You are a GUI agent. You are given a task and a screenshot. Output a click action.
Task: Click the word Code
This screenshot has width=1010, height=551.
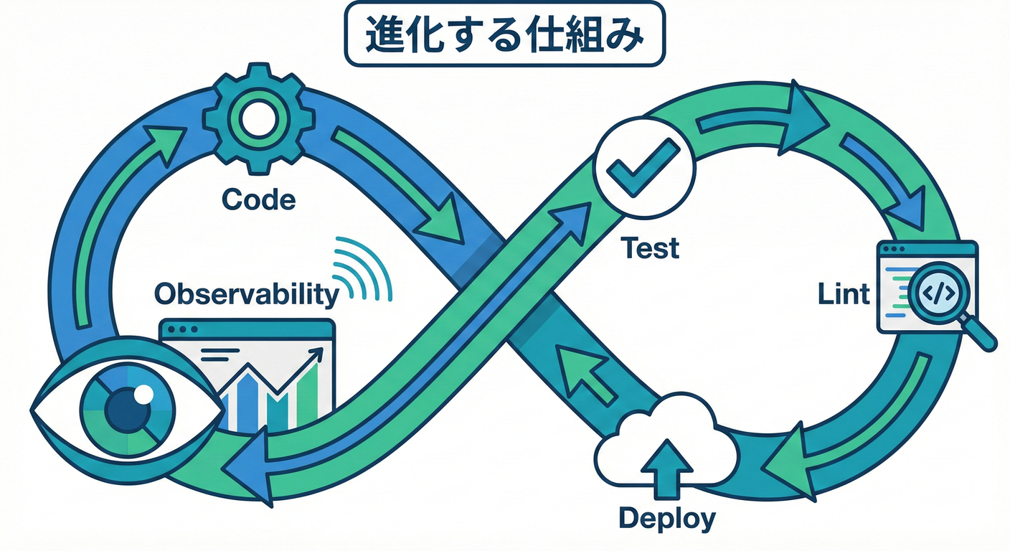click(x=258, y=199)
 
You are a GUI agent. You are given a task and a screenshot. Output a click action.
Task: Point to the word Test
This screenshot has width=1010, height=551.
click(x=650, y=248)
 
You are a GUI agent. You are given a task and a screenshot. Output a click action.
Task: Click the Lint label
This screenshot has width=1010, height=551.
click(x=844, y=293)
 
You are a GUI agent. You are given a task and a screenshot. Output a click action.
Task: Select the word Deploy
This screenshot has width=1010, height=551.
click(x=666, y=517)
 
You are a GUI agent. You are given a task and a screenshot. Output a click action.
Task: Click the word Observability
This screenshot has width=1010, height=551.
click(x=246, y=293)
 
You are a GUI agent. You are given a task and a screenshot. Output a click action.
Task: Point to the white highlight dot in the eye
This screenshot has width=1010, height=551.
click(x=144, y=393)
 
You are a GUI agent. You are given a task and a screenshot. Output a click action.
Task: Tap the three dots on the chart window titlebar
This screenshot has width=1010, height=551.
click(x=183, y=330)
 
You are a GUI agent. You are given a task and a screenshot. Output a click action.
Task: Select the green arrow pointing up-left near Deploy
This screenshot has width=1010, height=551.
click(x=585, y=372)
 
